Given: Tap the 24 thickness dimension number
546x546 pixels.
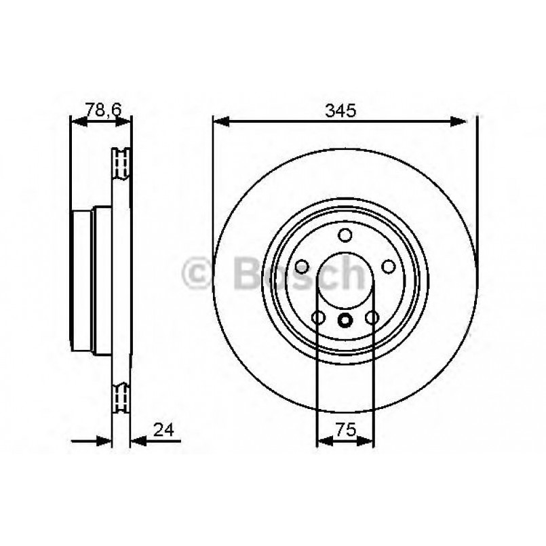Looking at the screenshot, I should click(163, 429).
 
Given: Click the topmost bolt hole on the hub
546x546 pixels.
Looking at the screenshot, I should click(345, 235).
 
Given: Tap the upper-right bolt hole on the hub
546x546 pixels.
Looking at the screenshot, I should click(389, 267).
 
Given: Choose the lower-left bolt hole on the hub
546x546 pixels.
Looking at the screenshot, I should click(317, 317).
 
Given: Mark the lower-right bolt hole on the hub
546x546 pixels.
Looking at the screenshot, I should click(372, 317).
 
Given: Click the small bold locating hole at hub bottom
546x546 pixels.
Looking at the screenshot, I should click(345, 321).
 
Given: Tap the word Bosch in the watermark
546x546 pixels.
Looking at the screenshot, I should click(298, 273).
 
